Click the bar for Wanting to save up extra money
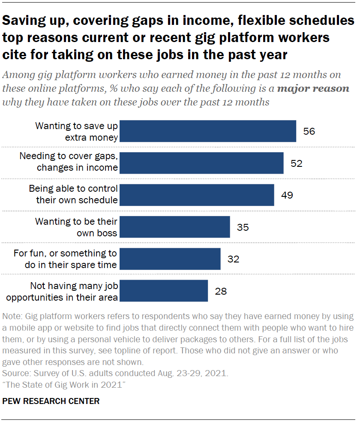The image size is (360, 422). [x=208, y=131]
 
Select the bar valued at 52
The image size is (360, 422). [x=201, y=163]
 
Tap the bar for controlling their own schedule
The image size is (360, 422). [x=197, y=195]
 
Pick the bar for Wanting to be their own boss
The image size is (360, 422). [x=175, y=227]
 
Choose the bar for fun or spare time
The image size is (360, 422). [x=170, y=259]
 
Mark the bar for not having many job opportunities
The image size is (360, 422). [x=164, y=291]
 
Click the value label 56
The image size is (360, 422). [x=309, y=131]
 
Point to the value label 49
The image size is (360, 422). [x=287, y=195]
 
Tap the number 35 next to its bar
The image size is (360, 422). [x=243, y=227]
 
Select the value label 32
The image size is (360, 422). [x=233, y=259]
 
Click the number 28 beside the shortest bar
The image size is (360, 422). [x=221, y=291]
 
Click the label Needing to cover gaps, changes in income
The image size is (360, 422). [x=69, y=162]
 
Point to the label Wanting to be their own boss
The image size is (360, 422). [x=76, y=227]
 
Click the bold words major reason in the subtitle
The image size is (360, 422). [x=321, y=89]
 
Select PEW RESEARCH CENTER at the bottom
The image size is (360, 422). [x=51, y=401]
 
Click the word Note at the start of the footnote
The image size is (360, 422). [x=12, y=316]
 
